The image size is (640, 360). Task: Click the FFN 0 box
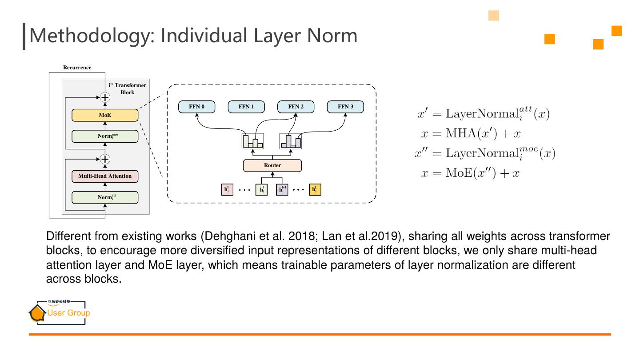[x=196, y=107]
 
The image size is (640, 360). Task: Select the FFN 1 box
[x=246, y=107]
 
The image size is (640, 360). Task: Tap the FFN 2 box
[x=296, y=107]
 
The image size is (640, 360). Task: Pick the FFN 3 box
[x=345, y=107]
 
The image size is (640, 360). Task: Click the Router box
[x=272, y=165]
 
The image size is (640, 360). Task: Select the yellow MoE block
[x=105, y=115]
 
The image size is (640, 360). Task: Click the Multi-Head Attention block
[x=105, y=176]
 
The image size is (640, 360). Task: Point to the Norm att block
[x=105, y=197]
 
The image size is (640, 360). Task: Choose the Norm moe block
[x=105, y=136]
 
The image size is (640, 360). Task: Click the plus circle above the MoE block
[x=105, y=97]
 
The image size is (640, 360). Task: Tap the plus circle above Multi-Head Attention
[x=105, y=159]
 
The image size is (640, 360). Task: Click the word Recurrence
[x=77, y=68]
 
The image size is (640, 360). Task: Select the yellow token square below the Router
[x=315, y=190]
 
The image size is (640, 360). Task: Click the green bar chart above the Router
[x=253, y=141]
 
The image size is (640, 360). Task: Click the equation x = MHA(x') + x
[x=470, y=133]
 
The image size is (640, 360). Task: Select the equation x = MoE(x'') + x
[x=470, y=173]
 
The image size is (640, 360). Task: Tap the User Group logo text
[x=68, y=313]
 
